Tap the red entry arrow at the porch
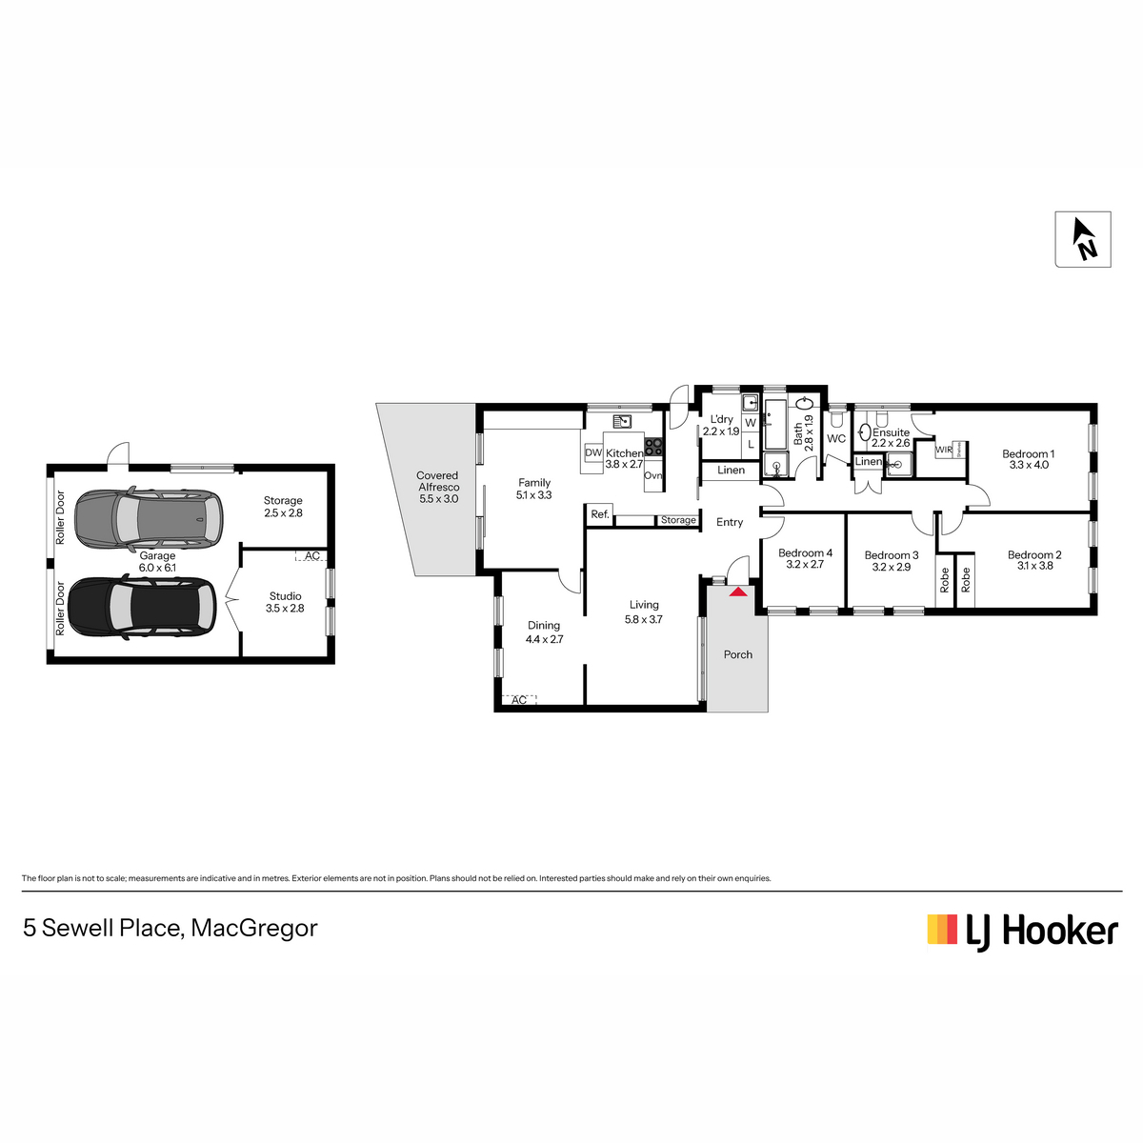(x=737, y=592)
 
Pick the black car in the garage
(x=142, y=607)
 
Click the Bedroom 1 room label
(x=1029, y=454)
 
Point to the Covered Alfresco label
(x=438, y=481)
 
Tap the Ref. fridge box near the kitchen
(x=600, y=514)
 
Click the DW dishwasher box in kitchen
(x=593, y=453)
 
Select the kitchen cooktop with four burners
(x=653, y=447)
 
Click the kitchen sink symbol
(x=622, y=421)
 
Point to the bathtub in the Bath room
(x=776, y=424)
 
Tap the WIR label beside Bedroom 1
(x=944, y=450)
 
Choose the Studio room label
(x=286, y=596)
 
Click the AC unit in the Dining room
(x=519, y=700)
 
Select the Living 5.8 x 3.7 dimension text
(x=644, y=620)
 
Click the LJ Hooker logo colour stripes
(x=942, y=930)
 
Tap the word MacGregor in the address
(x=254, y=929)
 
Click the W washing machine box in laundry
(x=751, y=423)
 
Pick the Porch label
(x=738, y=654)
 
